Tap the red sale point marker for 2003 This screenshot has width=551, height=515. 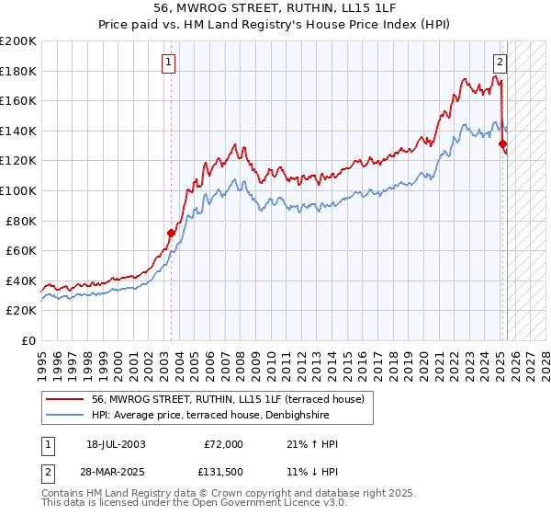[171, 233]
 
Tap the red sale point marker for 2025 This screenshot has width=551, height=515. [502, 143]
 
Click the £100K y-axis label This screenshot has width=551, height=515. [18, 190]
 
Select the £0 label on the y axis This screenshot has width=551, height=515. [29, 340]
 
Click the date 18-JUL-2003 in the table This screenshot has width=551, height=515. [116, 444]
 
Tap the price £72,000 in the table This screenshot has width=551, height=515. [223, 444]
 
